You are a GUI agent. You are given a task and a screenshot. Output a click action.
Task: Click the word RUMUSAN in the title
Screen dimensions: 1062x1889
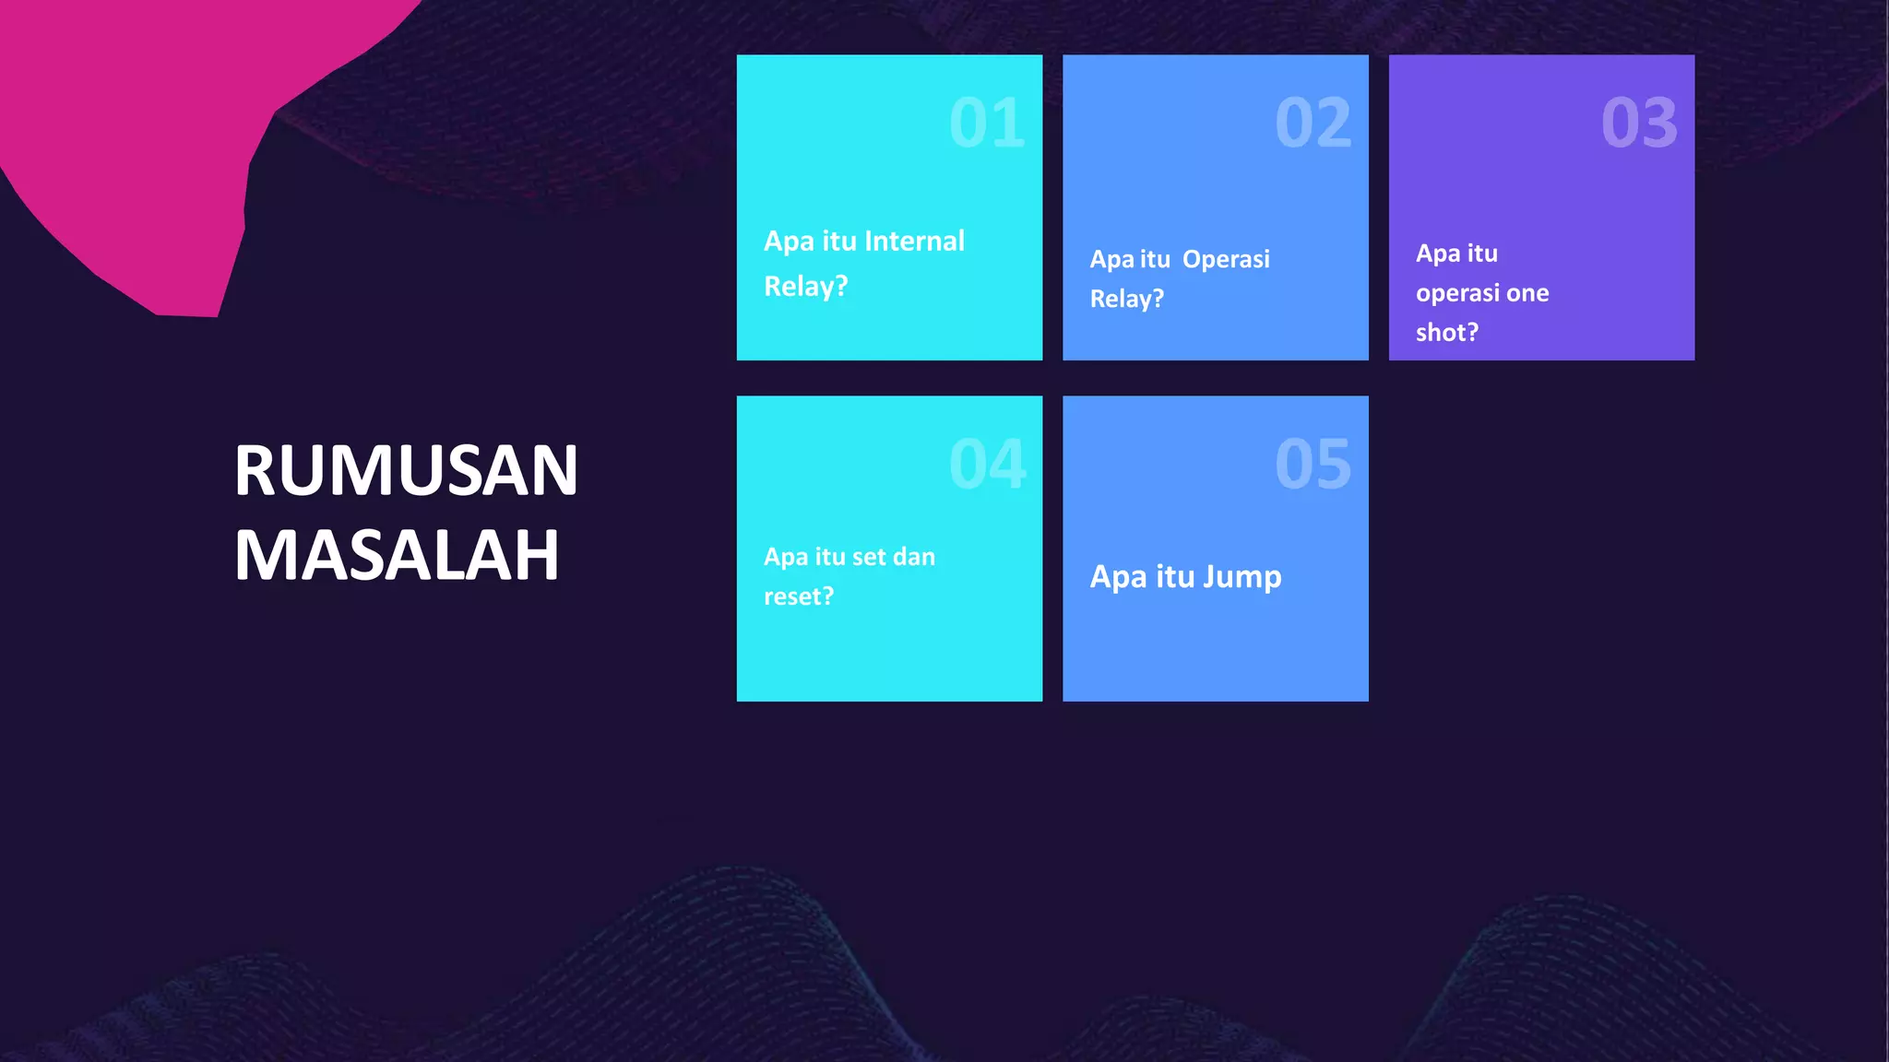click(406, 471)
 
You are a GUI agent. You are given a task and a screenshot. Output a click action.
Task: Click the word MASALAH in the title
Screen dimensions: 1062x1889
click(397, 556)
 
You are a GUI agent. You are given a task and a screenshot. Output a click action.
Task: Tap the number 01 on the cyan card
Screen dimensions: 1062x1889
click(987, 123)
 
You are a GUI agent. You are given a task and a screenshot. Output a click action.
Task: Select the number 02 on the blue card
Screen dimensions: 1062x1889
click(1313, 123)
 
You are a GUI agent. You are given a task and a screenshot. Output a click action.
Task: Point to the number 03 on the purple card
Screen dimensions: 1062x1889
click(1639, 123)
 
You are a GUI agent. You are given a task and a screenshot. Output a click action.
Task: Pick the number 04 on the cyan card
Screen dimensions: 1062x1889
click(987, 464)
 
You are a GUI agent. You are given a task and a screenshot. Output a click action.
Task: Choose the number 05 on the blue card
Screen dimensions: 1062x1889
click(1313, 464)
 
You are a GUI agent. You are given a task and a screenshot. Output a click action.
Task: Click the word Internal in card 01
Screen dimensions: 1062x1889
click(914, 242)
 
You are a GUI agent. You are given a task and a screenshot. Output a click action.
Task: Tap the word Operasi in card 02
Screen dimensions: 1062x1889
click(1226, 259)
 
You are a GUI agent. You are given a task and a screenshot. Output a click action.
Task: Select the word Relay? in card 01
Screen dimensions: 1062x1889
click(805, 287)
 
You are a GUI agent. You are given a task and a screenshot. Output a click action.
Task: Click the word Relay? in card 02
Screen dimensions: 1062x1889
click(1126, 299)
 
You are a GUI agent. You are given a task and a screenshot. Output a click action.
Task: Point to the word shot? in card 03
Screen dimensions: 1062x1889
click(1446, 332)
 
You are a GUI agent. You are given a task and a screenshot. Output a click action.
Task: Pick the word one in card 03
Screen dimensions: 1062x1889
click(1527, 293)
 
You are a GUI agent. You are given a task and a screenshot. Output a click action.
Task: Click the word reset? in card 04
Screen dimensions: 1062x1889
click(798, 596)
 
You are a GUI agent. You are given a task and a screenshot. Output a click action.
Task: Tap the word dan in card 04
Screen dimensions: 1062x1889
click(913, 557)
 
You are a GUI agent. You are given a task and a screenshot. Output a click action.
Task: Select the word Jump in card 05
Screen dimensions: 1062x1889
click(1242, 577)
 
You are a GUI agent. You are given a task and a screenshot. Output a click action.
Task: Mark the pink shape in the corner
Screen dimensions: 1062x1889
click(138, 138)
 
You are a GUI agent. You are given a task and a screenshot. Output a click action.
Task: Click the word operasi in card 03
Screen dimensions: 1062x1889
click(1458, 293)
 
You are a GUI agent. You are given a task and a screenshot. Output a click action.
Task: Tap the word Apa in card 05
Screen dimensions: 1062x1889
click(1118, 577)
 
